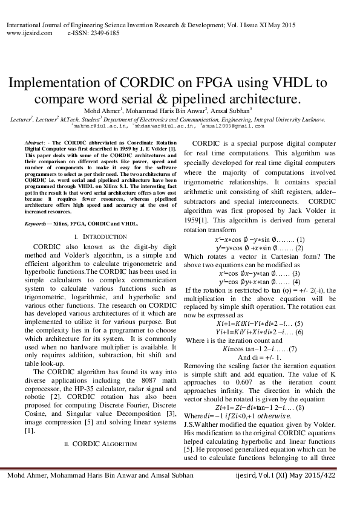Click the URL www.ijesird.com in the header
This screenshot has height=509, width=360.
[21, 34]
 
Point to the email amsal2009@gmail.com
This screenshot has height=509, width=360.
[238, 126]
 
